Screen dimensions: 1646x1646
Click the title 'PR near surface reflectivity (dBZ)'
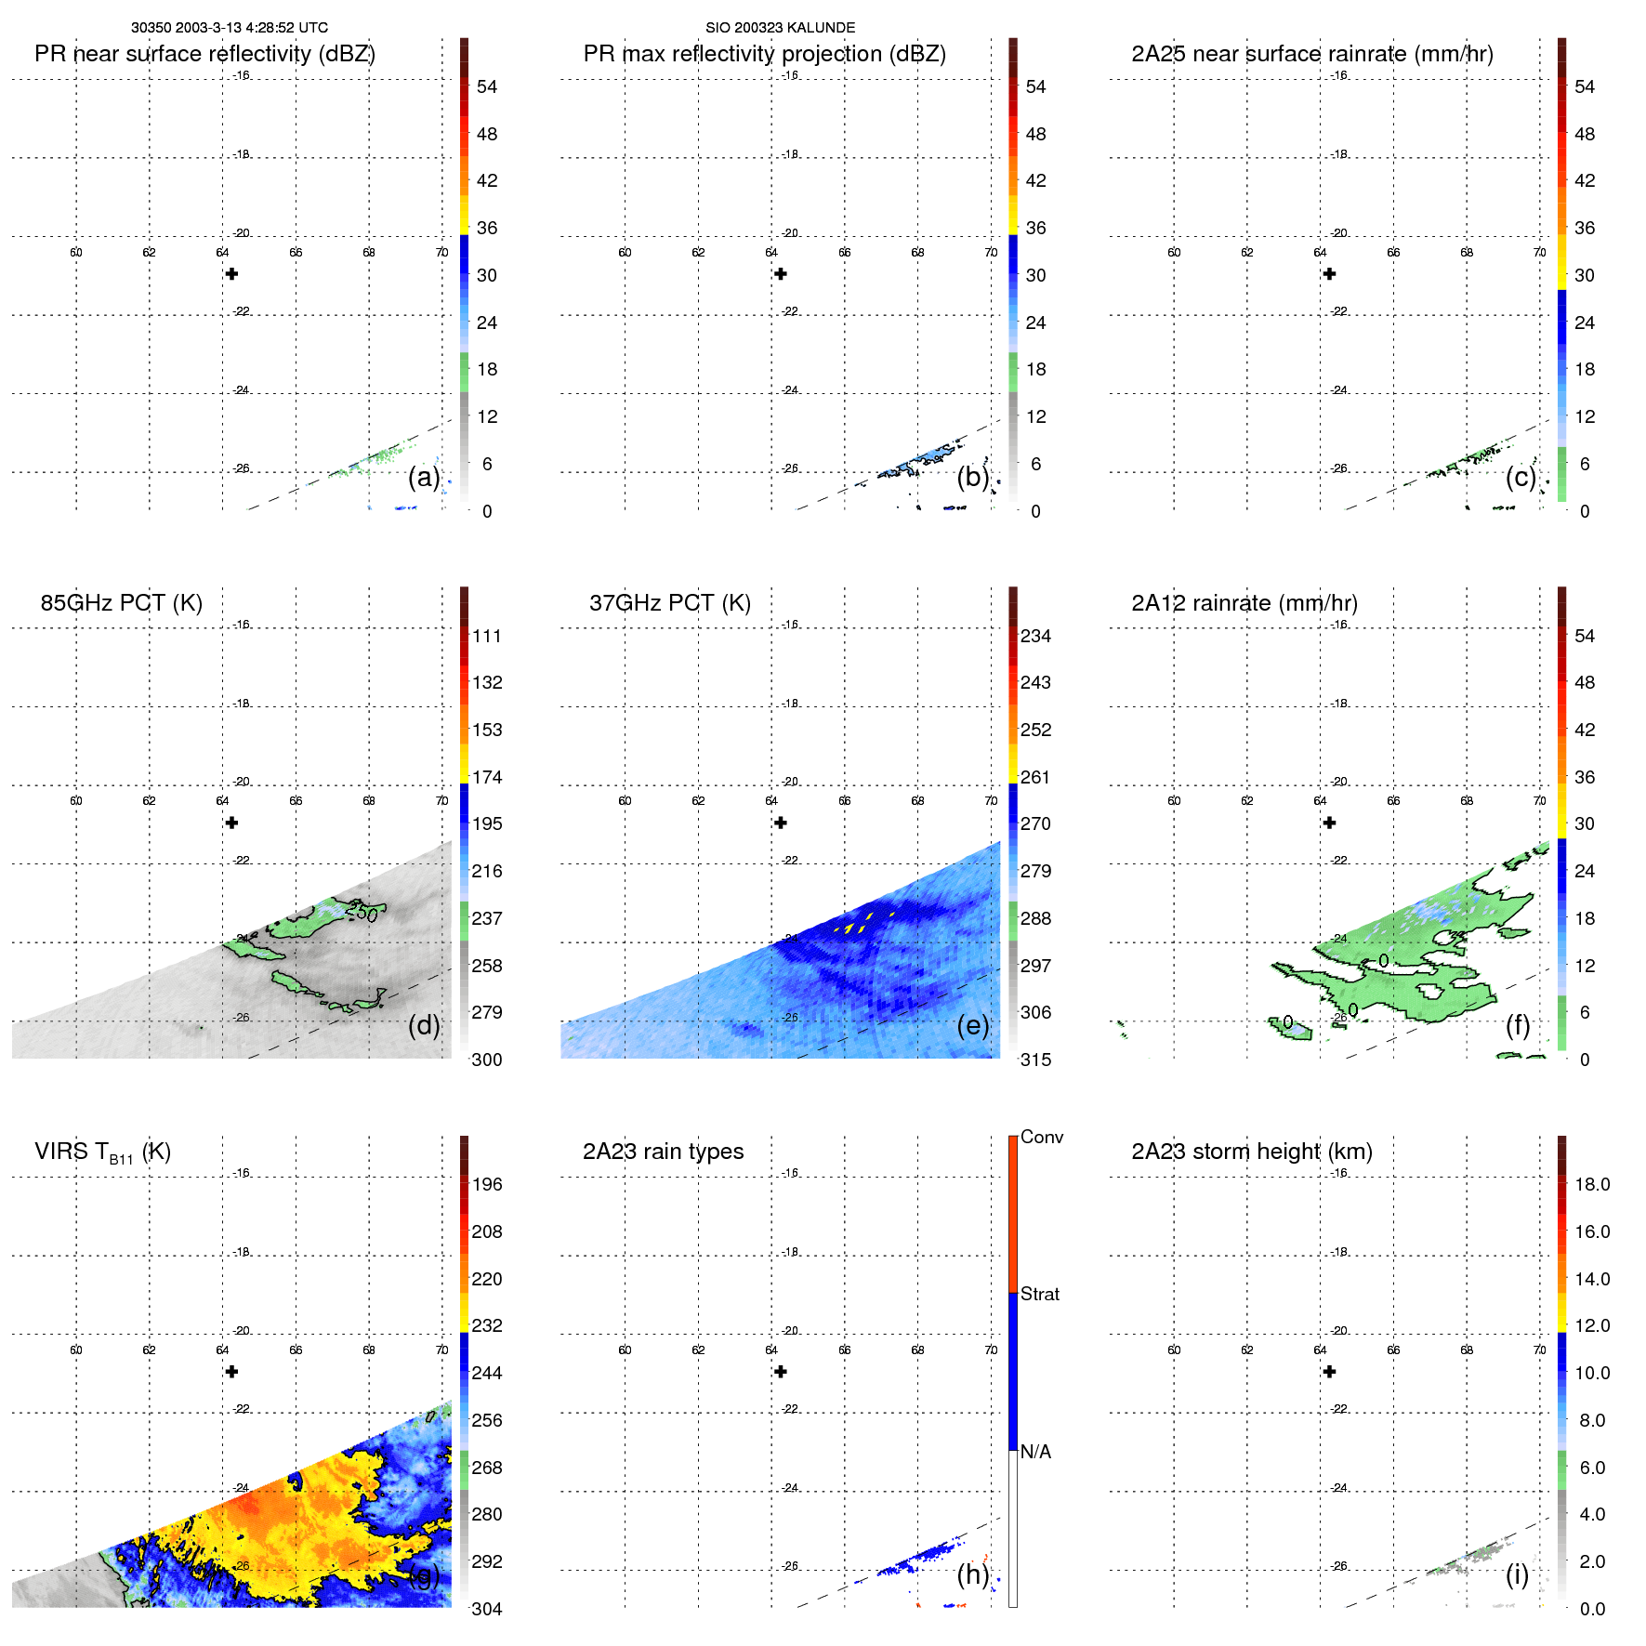tap(204, 54)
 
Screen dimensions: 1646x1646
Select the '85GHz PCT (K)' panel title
tap(121, 603)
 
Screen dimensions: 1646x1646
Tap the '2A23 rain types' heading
tap(663, 1152)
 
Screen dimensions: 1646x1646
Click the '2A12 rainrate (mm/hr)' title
tap(1244, 603)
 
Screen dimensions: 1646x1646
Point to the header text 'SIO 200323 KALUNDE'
tap(780, 28)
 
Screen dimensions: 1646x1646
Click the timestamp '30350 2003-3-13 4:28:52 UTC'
tap(230, 28)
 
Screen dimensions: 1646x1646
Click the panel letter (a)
tap(423, 478)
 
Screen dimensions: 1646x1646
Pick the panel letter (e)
tap(972, 1026)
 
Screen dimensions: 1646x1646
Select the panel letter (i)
tap(1517, 1574)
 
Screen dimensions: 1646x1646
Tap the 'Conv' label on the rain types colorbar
tap(1041, 1137)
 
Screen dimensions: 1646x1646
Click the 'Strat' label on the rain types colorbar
tap(1039, 1294)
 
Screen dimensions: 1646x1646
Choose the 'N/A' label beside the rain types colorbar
tap(1035, 1452)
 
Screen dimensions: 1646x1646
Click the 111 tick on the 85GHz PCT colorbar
tap(486, 637)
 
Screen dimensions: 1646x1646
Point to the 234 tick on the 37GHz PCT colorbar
tap(1035, 637)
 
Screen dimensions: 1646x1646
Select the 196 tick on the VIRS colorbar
tap(486, 1185)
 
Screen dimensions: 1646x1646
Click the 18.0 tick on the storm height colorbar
tap(1591, 1185)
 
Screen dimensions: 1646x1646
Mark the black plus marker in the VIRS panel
tap(231, 1372)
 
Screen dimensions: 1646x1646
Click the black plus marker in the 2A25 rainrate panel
tap(1329, 274)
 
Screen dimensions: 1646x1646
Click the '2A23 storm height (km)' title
tap(1251, 1152)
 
